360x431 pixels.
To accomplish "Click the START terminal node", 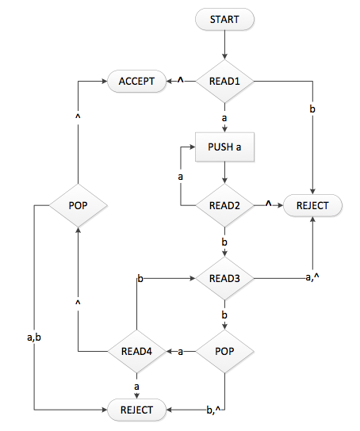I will click(226, 19).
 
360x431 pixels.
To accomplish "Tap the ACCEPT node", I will click(135, 81).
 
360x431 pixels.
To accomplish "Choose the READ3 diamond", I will click(226, 278).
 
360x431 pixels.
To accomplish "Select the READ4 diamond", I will click(136, 350).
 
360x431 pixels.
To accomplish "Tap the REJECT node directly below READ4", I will click(136, 410).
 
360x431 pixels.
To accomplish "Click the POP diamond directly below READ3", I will click(226, 350).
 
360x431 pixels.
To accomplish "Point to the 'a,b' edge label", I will click(34, 338).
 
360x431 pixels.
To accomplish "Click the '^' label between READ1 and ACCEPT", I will click(180, 80).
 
